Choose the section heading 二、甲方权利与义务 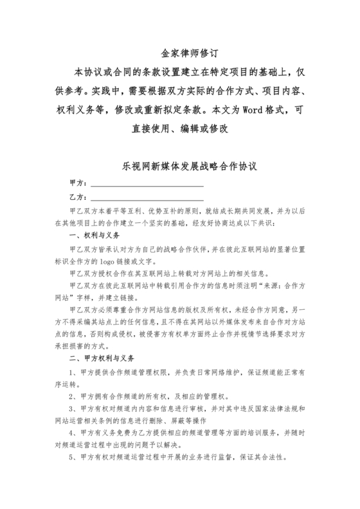(x=102, y=358)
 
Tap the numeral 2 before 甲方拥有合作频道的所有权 (x=71, y=395)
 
